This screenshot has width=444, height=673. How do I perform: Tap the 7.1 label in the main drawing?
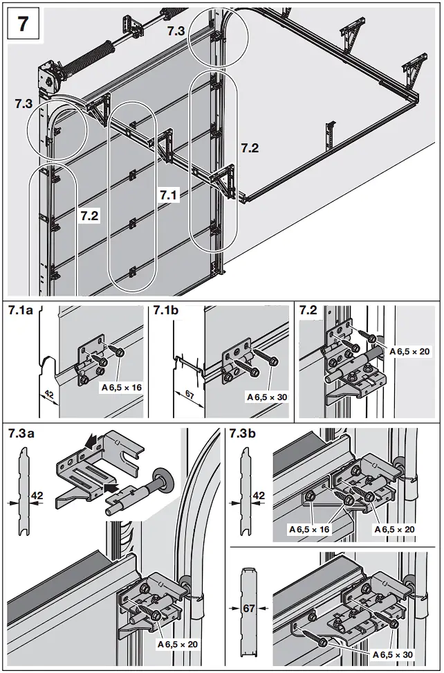click(x=169, y=196)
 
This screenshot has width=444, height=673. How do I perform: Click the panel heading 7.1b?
click(x=167, y=311)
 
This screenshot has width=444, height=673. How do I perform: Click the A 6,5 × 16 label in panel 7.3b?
click(x=309, y=529)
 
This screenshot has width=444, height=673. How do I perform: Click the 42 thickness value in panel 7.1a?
click(x=49, y=393)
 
